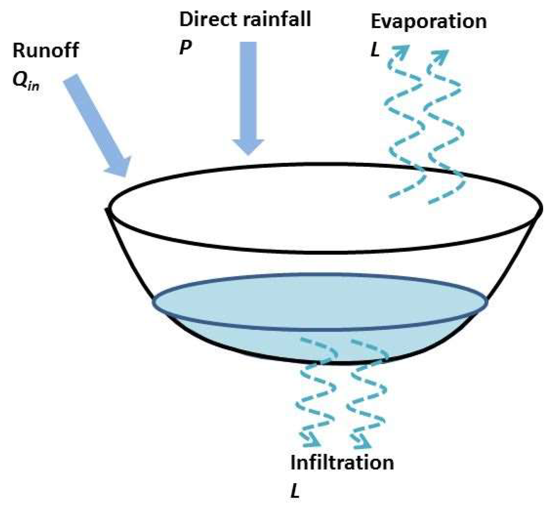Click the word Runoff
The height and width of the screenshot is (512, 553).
pyautogui.click(x=46, y=50)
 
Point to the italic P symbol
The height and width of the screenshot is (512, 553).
pyautogui.click(x=185, y=47)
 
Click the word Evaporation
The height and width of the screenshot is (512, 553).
pyautogui.click(x=429, y=21)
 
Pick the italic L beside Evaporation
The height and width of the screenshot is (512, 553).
pyautogui.click(x=375, y=50)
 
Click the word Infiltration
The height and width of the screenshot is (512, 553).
pyautogui.click(x=342, y=463)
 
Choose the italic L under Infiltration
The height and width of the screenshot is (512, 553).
pyautogui.click(x=295, y=492)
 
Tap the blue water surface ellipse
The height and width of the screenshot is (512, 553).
pyautogui.click(x=320, y=302)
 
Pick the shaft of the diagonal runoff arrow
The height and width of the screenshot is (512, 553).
pyautogui.click(x=91, y=114)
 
